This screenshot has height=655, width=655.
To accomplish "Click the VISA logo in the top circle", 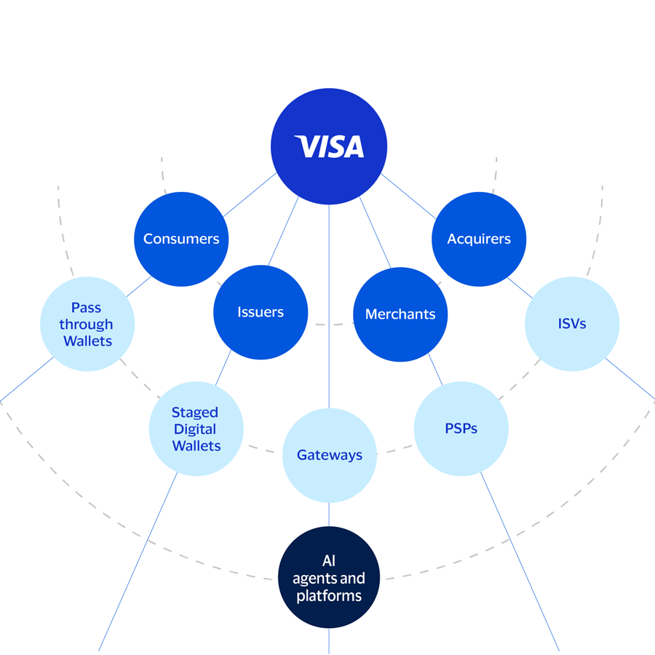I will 330,147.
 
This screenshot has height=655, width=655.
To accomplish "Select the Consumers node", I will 181,239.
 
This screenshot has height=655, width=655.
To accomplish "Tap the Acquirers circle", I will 478,239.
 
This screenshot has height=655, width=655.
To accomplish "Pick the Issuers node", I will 261,312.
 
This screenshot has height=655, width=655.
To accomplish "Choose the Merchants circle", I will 400,314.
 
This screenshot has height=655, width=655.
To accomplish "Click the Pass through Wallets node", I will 87,324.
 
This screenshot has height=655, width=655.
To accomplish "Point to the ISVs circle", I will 571,324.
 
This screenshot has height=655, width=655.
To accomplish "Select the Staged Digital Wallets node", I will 196,429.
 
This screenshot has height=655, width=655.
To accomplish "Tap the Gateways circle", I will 329,455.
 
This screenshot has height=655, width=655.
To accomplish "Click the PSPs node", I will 461,429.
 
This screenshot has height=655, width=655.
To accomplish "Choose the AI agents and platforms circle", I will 329,579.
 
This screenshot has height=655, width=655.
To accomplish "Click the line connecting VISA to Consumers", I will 250,195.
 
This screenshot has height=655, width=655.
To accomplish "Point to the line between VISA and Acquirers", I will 409,196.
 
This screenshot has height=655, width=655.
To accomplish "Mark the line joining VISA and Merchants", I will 375,232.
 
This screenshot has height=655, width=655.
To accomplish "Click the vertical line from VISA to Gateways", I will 329,306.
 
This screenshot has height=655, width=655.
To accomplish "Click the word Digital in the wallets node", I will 195,429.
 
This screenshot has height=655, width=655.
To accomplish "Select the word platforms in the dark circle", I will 329,596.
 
